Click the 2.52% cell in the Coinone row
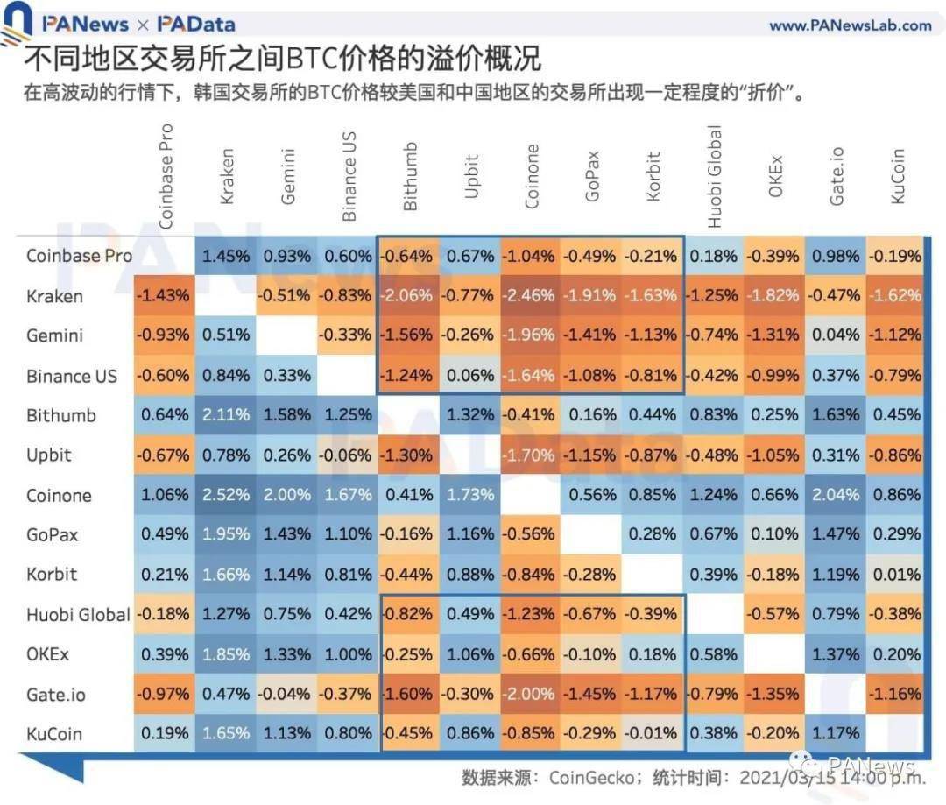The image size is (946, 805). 225,495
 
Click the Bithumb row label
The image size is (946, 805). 61,415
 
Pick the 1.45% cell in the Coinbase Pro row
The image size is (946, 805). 225,256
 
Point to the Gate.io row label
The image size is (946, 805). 56,694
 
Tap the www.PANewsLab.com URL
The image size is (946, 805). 850,25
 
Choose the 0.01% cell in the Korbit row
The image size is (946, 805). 895,575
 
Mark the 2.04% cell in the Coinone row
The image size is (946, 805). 835,495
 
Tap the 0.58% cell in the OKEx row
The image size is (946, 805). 714,653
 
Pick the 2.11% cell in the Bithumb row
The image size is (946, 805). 225,415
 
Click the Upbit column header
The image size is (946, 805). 471,176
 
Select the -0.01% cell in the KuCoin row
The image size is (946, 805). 653,733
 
